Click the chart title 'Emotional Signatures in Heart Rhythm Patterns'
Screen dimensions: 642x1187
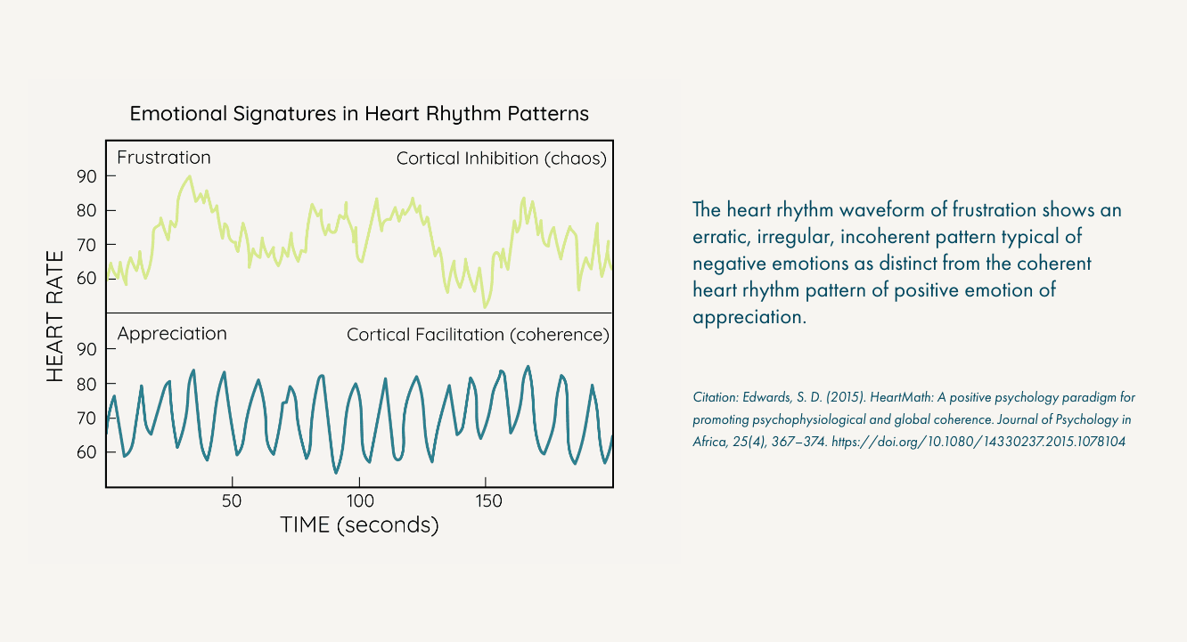(359, 114)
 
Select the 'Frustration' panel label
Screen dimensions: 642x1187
(164, 158)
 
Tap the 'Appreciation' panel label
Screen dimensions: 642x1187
(172, 334)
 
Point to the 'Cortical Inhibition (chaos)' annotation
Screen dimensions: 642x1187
(501, 158)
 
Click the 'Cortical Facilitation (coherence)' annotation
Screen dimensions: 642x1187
(478, 335)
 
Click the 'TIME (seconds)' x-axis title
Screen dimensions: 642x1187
(359, 525)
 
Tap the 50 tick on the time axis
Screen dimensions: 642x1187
(232, 501)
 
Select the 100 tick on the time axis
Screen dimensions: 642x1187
(360, 501)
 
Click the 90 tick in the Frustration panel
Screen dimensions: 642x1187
(86, 176)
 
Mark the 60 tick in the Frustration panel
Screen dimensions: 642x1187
(86, 278)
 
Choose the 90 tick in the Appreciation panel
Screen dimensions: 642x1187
(86, 349)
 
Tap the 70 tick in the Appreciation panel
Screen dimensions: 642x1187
(86, 418)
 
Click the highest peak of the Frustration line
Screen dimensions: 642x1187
(188, 176)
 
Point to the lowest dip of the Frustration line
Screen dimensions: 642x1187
(485, 307)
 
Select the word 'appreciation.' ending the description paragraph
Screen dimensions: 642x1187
(749, 317)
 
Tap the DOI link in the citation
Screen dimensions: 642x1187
(978, 442)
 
